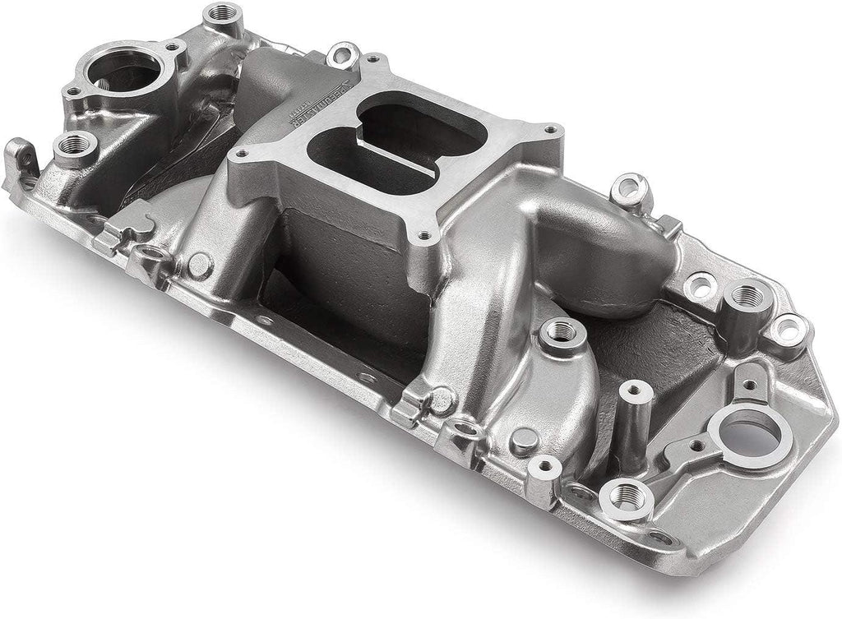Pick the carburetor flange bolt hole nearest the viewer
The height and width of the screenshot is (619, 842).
coord(424,236)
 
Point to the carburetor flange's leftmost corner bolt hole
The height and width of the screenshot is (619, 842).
coord(244,153)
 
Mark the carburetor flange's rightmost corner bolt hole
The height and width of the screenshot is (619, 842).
coord(549,130)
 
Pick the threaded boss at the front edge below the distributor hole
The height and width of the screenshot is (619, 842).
coord(627,496)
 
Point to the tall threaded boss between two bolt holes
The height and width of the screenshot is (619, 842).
coord(746,298)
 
